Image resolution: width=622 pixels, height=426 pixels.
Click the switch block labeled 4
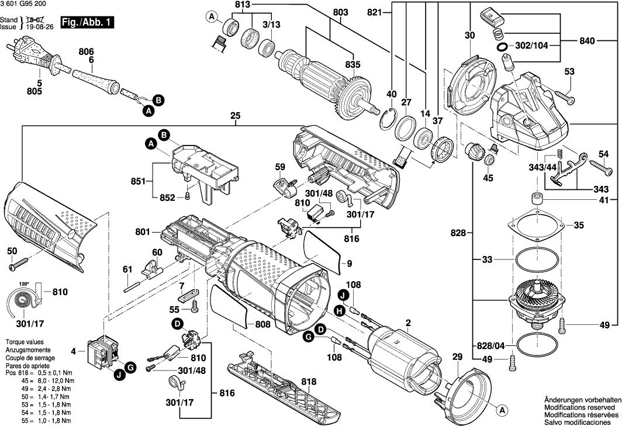103,352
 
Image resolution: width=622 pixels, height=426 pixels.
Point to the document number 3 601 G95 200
24,5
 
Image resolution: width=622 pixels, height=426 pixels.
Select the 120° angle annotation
23,283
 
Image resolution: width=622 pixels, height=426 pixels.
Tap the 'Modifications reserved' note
579,406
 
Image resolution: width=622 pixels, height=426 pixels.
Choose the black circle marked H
338,312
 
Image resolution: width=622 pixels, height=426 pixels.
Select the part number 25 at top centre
236,116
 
